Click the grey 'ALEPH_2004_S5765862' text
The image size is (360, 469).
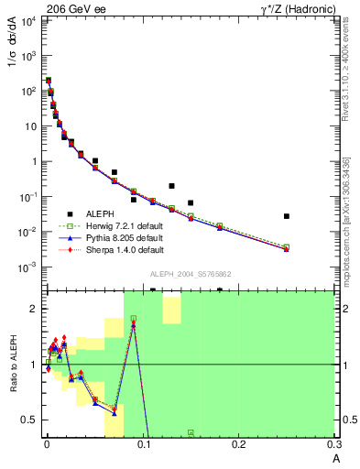click(191, 274)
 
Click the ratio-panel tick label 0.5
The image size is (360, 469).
click(29, 420)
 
